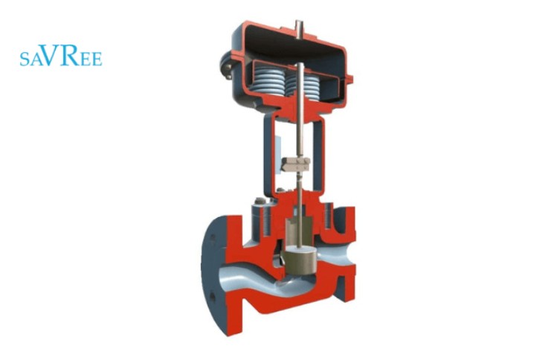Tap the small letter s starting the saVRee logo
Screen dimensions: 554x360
tap(24, 60)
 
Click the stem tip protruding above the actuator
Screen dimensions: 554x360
tap(298, 28)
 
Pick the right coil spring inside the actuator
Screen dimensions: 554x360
tap(312, 85)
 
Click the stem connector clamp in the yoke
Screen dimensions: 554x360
tap(296, 164)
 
